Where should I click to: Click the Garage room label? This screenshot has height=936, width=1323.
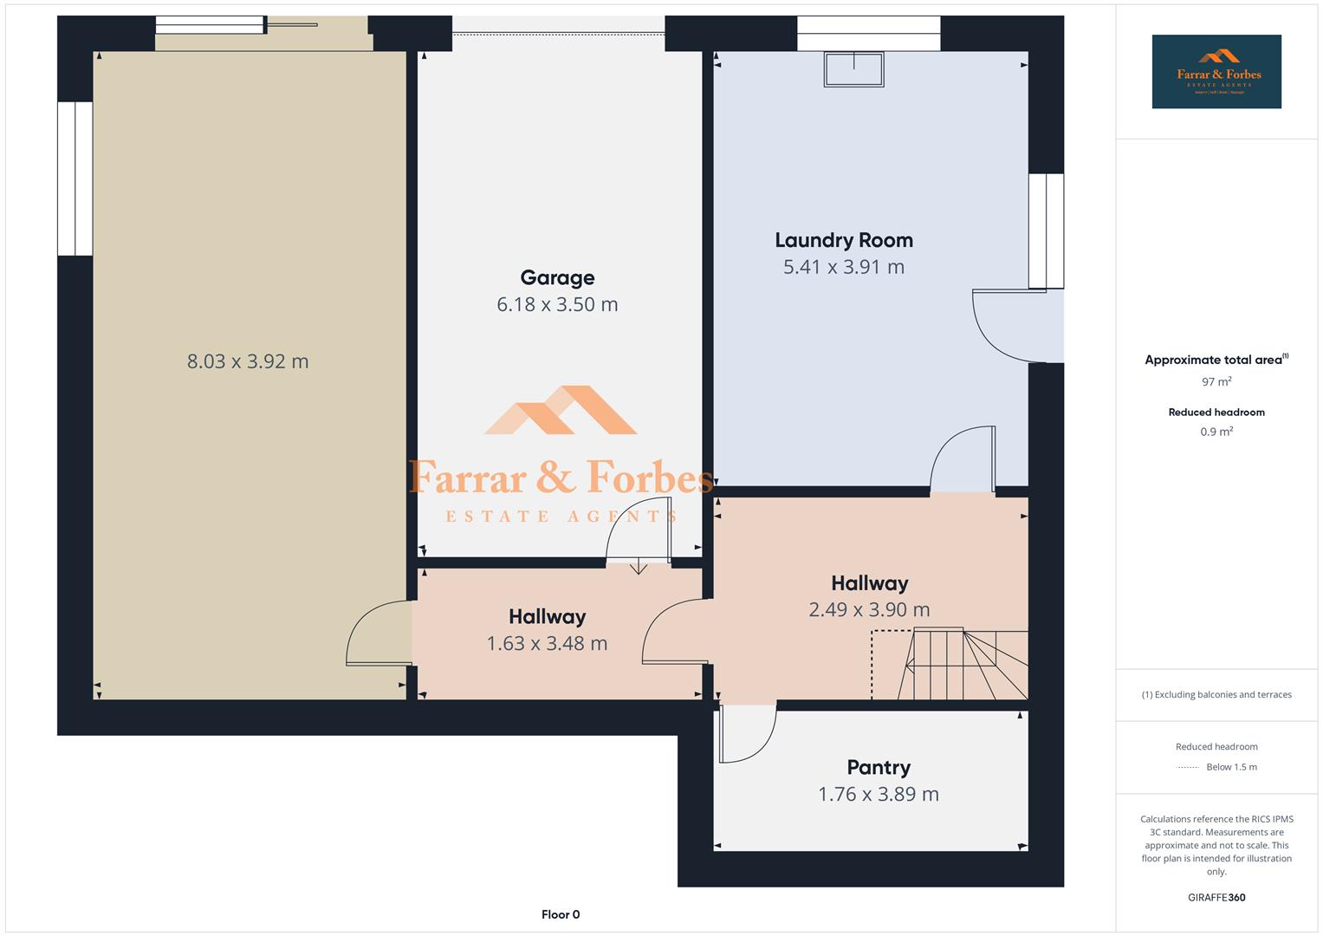click(x=557, y=277)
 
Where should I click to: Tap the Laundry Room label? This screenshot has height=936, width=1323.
click(x=843, y=240)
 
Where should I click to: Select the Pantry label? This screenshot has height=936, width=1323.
click(x=878, y=767)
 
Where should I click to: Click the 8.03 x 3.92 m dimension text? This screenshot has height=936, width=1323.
click(x=248, y=361)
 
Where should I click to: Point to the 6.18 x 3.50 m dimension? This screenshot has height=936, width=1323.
click(x=557, y=304)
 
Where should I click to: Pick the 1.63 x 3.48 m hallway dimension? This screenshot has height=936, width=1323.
click(x=547, y=643)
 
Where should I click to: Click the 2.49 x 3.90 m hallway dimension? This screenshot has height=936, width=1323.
click(x=869, y=609)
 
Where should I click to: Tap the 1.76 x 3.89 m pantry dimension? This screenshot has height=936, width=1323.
click(x=878, y=794)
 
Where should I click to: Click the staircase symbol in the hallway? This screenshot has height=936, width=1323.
click(x=962, y=665)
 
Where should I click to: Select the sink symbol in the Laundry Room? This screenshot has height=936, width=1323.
click(x=854, y=69)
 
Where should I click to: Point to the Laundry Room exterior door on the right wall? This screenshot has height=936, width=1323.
click(x=1009, y=328)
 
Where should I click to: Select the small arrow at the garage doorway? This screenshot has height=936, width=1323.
click(x=639, y=567)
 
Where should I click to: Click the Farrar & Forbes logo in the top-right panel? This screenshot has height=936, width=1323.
click(x=1216, y=72)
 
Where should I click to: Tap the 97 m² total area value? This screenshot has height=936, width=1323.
click(x=1216, y=381)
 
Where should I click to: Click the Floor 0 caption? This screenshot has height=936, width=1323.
click(x=561, y=914)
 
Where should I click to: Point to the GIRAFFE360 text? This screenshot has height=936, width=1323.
click(x=1216, y=897)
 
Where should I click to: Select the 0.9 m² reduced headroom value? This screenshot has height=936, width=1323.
click(x=1216, y=432)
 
